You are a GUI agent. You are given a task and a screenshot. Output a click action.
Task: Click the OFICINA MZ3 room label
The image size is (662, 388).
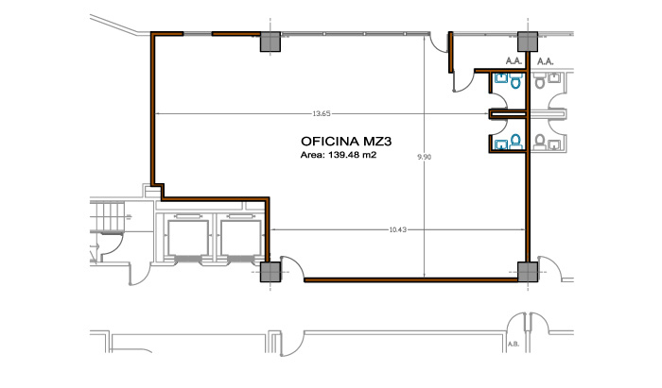(x=346, y=141)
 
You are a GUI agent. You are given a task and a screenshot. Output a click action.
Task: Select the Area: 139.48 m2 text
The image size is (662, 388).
(x=339, y=155)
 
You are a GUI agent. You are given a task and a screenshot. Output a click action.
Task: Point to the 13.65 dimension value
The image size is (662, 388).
(x=322, y=113)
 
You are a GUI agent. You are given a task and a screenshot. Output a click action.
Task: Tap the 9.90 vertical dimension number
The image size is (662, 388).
(x=425, y=157)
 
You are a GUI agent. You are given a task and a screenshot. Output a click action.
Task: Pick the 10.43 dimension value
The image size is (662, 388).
(x=398, y=229)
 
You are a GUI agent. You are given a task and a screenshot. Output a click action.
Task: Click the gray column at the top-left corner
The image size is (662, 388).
(x=270, y=42)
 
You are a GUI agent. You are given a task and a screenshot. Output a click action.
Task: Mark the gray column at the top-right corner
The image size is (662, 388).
(x=528, y=42)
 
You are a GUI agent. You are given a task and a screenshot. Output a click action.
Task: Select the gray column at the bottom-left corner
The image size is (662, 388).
(x=270, y=272)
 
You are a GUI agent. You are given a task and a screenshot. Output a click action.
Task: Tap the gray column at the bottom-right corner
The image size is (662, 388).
(x=528, y=272)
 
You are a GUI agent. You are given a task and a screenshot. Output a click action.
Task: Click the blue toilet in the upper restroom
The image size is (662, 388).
(x=515, y=81)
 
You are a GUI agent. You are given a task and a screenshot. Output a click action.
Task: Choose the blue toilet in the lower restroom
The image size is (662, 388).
(x=515, y=142)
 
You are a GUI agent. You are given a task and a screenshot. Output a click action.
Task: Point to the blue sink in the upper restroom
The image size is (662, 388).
(x=501, y=78)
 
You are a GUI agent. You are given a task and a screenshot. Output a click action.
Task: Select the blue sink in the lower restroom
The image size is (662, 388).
(x=501, y=145)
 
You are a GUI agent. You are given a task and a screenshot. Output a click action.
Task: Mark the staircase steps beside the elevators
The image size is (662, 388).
(x=108, y=216)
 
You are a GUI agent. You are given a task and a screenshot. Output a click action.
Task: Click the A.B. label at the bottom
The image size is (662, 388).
(x=514, y=345)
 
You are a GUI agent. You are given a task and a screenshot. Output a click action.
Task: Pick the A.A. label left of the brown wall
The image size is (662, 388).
(x=514, y=61)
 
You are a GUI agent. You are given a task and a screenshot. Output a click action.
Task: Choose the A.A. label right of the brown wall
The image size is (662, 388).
(x=545, y=61)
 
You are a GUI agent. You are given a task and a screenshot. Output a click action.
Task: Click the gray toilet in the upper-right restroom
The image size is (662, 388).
(x=539, y=81)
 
